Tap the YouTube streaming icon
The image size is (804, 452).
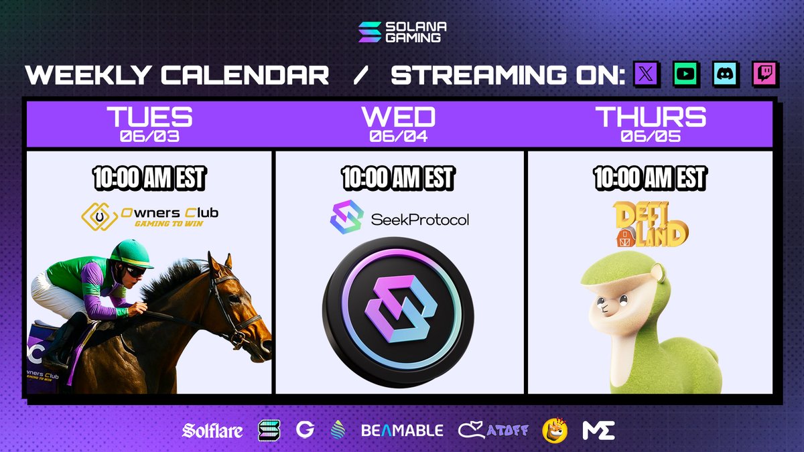tap(687, 74)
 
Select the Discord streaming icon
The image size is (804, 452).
tap(725, 74)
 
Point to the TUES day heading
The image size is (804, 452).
tap(149, 117)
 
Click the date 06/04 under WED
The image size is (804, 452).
tap(399, 137)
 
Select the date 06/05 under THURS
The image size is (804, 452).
tap(650, 137)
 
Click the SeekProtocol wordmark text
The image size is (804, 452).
tap(420, 219)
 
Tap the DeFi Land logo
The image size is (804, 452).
tap(650, 224)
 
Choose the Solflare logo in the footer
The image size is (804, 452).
tap(212, 431)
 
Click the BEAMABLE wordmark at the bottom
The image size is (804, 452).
tap(402, 431)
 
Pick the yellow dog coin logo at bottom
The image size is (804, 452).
tap(555, 431)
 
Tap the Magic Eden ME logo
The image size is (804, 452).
tap(598, 431)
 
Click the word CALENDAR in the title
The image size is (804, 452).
tap(242, 75)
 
